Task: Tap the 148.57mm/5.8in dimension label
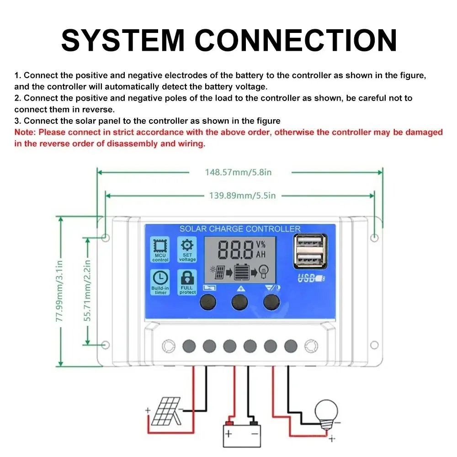pyautogui.click(x=239, y=172)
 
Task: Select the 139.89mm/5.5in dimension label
pyautogui.click(x=242, y=196)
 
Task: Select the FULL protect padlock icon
pyautogui.click(x=187, y=277)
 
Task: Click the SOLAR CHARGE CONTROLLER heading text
pyautogui.click(x=240, y=228)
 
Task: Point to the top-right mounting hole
pyautogui.click(x=374, y=238)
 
